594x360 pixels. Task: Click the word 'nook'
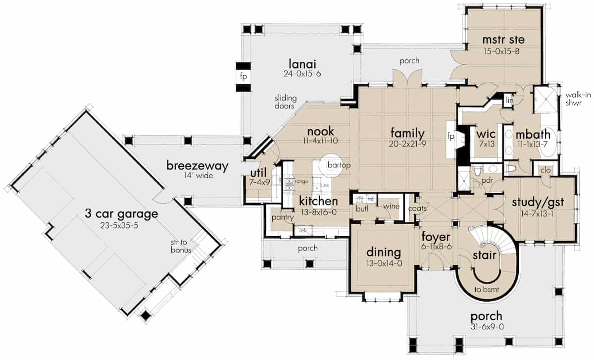click(321, 131)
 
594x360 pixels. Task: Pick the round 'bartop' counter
click(331, 165)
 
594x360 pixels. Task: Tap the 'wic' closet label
click(483, 134)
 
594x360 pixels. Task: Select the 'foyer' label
click(435, 236)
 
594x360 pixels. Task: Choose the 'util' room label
click(258, 172)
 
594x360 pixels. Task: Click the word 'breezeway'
click(197, 166)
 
